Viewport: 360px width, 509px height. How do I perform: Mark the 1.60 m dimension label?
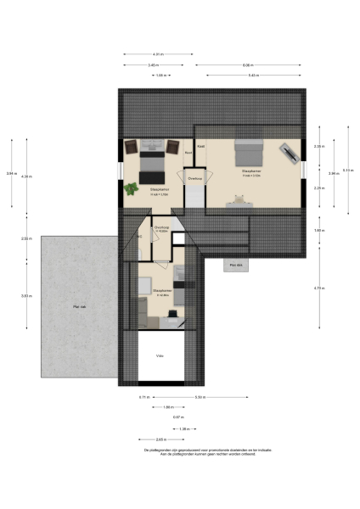[x=318, y=231]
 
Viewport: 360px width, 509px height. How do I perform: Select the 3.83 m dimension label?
[x=28, y=295]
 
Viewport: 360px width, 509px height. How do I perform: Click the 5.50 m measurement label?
[x=200, y=397]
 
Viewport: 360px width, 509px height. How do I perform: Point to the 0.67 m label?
[x=178, y=417]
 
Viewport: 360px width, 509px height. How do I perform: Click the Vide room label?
[x=159, y=355]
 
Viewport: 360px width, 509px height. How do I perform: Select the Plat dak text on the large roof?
[x=77, y=307]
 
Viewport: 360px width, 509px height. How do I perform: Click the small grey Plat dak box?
[x=233, y=266]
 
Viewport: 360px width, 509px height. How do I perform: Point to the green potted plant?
[x=132, y=188]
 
